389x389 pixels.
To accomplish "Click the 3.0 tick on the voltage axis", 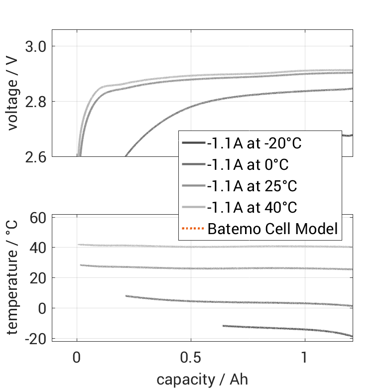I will (x=35, y=46).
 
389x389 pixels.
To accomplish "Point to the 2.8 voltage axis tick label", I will (x=35, y=102).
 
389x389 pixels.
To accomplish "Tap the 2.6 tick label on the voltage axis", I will (x=35, y=157).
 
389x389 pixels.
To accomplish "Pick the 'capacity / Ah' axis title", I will (x=202, y=380).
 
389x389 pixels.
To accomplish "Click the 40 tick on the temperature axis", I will (x=39, y=248).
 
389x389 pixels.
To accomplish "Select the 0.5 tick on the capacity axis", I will (x=191, y=358).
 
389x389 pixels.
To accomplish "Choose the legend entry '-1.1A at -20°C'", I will (x=255, y=143).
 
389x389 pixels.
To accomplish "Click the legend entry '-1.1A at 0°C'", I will (x=248, y=165).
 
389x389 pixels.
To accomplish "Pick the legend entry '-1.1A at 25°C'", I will (x=252, y=186).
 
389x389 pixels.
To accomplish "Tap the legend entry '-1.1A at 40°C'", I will (x=252, y=208).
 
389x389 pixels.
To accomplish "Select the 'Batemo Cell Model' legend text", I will (x=272, y=229).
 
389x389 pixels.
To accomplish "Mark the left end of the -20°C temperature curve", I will (x=223, y=326).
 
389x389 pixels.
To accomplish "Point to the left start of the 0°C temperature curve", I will (x=126, y=296).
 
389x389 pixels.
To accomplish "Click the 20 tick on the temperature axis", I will (x=39, y=278).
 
